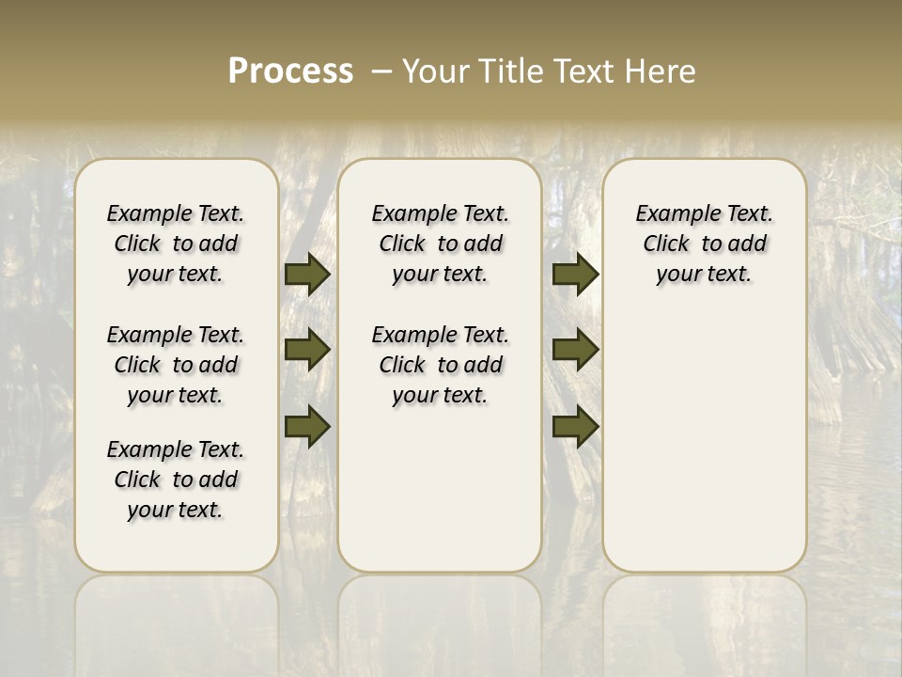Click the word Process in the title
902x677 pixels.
290,71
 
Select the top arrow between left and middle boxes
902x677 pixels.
307,275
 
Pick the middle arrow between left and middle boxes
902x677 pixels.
307,351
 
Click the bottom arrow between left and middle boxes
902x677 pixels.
307,427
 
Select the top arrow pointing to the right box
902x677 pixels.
575,275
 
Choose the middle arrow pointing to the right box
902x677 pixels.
575,351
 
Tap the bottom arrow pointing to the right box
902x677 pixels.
575,427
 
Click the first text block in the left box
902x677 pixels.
176,244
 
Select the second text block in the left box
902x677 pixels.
176,365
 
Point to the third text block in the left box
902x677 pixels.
176,480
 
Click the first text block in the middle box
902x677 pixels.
440,244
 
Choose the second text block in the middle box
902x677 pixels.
440,365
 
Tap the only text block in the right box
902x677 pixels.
704,244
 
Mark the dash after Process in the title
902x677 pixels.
381,71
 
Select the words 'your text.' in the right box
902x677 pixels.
704,275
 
